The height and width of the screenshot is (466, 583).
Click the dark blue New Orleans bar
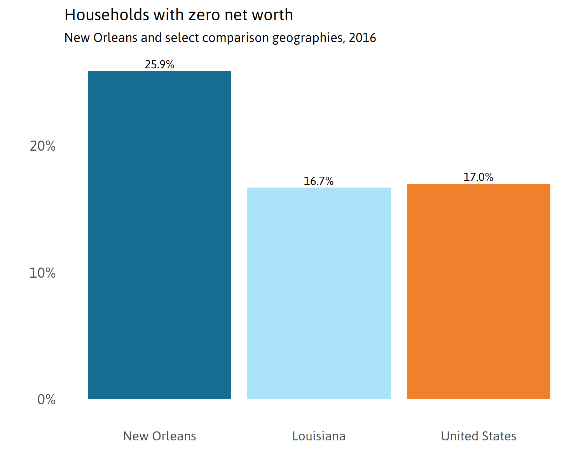tap(159, 235)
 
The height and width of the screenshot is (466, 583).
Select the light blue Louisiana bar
tap(319, 293)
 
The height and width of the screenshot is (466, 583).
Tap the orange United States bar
tap(478, 291)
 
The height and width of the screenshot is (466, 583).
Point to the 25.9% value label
tap(159, 64)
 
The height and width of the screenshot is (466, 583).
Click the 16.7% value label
tap(319, 181)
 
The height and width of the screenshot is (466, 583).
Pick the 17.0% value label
tap(478, 177)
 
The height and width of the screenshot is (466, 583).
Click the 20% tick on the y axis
tap(43, 146)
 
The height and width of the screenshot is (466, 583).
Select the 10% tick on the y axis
tap(43, 273)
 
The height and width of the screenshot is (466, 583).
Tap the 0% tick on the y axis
tap(46, 400)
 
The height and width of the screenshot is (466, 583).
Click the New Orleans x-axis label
tap(159, 436)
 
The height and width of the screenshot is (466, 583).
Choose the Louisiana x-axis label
tap(319, 436)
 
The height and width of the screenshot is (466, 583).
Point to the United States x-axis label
tap(478, 436)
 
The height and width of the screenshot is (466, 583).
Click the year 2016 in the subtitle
tap(362, 38)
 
